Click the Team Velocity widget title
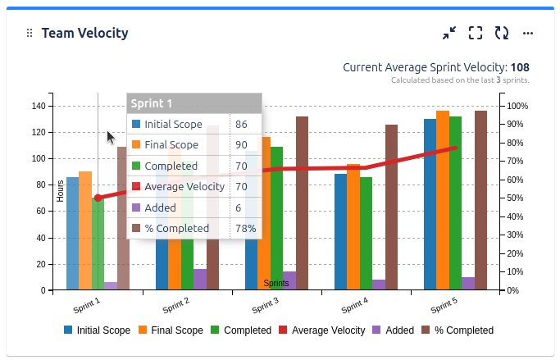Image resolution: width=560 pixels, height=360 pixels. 85,33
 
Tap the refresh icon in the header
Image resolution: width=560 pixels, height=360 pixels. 501,33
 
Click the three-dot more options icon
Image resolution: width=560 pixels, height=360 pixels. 528,33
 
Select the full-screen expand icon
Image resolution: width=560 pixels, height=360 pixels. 475,33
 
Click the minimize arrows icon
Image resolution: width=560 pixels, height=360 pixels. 448,33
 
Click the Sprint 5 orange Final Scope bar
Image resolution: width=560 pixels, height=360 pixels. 443,200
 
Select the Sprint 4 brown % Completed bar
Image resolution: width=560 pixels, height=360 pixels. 391,207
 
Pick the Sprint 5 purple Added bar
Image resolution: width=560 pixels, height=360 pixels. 468,284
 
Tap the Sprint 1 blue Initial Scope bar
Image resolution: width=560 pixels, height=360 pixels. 72,234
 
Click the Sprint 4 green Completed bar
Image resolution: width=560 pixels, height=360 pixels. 366,234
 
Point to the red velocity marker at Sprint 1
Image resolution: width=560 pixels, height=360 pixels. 98,198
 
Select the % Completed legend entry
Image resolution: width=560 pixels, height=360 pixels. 458,330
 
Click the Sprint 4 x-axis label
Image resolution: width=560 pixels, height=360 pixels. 354,306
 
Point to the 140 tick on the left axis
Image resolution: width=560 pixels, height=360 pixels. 37,106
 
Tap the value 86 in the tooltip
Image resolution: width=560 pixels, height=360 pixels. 241,125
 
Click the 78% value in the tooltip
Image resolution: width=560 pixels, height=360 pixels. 245,228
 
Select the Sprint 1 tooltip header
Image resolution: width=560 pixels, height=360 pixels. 193,103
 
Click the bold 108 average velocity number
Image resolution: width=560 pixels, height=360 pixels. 520,67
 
